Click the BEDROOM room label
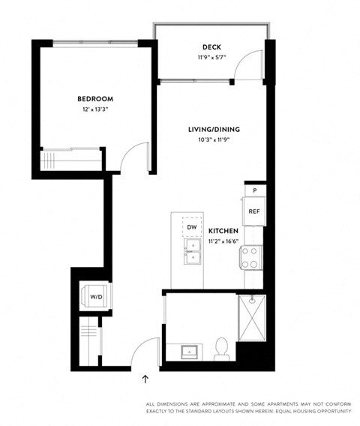[x=95, y=99]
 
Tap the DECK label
[x=211, y=46]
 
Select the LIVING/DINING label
[x=214, y=129]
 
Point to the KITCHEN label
[x=223, y=231]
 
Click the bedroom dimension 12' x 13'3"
[x=95, y=110]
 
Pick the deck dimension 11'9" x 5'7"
[x=211, y=57]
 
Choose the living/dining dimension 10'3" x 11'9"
[x=214, y=139]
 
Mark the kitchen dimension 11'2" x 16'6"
[x=223, y=241]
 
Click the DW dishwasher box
[x=191, y=226]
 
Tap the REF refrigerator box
[x=253, y=212]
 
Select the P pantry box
[x=254, y=191]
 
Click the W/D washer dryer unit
[x=97, y=297]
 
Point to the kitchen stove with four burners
[x=250, y=258]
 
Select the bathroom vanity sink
[x=190, y=350]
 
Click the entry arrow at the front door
[x=145, y=379]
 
